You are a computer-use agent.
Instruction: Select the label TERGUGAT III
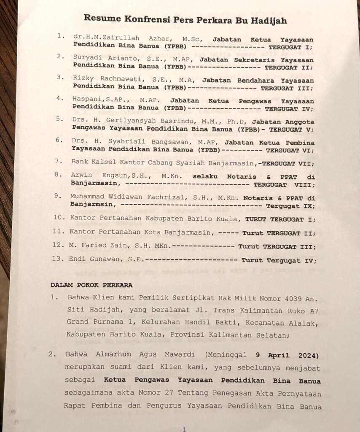click(x=287, y=89)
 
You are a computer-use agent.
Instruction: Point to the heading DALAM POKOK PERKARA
click(x=91, y=285)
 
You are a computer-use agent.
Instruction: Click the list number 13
click(x=57, y=259)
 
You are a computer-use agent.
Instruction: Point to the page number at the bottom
click(x=184, y=429)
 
